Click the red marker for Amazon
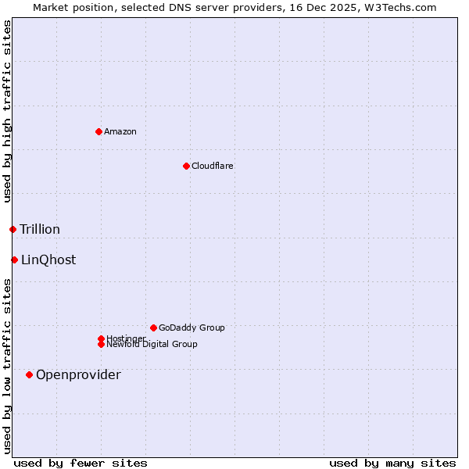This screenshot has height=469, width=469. point(98,131)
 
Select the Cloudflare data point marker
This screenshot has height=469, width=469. point(186,166)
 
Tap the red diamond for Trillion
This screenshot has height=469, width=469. point(13,229)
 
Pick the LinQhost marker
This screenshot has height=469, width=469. point(14,260)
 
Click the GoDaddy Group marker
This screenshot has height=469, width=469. point(153,328)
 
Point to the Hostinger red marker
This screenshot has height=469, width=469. point(101,338)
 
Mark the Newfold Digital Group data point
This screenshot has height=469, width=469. point(101,345)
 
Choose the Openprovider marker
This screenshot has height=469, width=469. point(29,374)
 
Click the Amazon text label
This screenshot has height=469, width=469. point(120,131)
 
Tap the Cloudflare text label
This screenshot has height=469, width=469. point(212,166)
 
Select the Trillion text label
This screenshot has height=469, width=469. point(40,229)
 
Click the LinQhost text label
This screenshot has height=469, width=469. point(48,260)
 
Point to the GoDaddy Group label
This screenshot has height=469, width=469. point(192,328)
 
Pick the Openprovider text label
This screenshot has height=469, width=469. point(78,374)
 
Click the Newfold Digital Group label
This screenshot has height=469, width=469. point(152,345)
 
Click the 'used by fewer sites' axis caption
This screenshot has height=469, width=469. point(81,463)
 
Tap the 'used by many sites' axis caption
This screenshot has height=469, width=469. point(392,463)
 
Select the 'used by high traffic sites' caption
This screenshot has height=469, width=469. point(7,111)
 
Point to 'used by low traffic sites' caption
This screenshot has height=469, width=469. point(7,366)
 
